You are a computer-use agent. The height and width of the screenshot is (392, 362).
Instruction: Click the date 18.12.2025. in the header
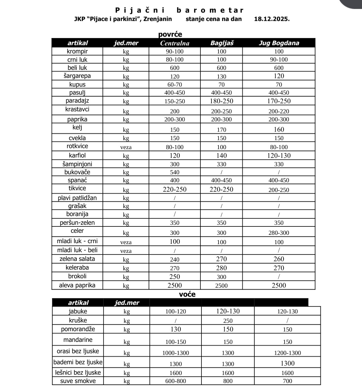tap(272, 19)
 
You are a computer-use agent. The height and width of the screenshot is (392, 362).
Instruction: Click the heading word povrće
tap(170, 34)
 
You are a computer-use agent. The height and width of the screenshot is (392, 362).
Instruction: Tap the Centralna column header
tap(175, 43)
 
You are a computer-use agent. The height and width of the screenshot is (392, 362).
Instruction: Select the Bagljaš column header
tap(222, 43)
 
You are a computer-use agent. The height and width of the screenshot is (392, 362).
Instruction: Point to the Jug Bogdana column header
tap(279, 43)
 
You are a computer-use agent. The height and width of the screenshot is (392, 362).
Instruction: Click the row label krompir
tap(77, 52)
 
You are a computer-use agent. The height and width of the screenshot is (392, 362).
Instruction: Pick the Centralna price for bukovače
tap(175, 173)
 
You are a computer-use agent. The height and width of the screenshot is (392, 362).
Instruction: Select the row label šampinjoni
tap(77, 164)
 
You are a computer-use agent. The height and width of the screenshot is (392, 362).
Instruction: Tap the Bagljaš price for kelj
tap(222, 130)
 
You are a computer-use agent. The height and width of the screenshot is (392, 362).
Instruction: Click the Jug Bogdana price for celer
tap(279, 233)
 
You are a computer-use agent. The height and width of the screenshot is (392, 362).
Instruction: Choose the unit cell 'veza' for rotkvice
tap(126, 147)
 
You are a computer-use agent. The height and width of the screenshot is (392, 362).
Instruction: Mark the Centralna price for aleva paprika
tap(175, 286)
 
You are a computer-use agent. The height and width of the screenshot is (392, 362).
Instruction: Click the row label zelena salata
tap(77, 259)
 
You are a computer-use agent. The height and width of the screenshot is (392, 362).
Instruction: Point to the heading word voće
tap(187, 295)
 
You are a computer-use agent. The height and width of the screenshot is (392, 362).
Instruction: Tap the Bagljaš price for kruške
tap(228, 321)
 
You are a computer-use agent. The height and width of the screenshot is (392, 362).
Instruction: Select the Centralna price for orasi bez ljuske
tap(176, 353)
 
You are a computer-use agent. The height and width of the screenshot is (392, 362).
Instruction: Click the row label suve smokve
tap(78, 381)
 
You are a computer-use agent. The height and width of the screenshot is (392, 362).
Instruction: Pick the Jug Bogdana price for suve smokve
tap(288, 381)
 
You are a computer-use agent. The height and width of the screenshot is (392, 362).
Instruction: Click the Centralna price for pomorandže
tap(176, 329)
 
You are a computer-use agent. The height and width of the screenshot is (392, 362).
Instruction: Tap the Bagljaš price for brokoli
tap(222, 277)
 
